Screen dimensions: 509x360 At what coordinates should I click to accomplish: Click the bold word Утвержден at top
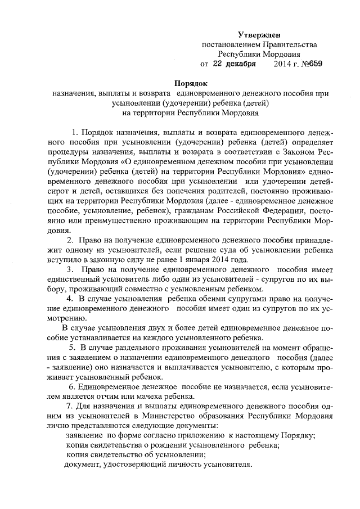[259, 35]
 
